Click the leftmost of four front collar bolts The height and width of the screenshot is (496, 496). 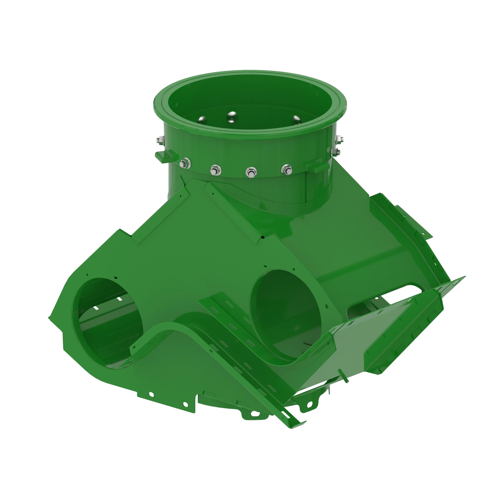pyautogui.click(x=185, y=163)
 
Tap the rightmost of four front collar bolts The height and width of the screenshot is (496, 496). pyautogui.click(x=286, y=169)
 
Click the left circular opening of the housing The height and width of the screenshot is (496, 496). pyautogui.click(x=108, y=323)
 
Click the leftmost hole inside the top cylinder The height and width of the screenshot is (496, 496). pyautogui.click(x=202, y=119)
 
